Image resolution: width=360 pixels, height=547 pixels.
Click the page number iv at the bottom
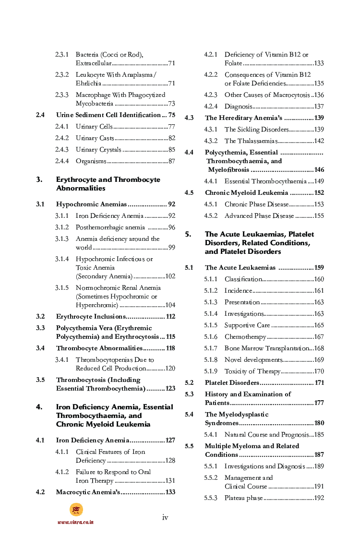(x=165, y=517)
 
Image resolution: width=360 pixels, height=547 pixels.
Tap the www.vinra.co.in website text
(x=75, y=522)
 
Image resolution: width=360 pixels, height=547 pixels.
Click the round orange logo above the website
(x=76, y=510)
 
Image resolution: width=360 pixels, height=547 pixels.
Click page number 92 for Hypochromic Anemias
(x=171, y=204)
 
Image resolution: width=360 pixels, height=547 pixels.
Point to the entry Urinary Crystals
(x=98, y=150)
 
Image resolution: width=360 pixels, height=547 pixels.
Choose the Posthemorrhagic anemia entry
(x=110, y=227)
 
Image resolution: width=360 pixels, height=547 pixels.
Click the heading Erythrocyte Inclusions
(x=91, y=317)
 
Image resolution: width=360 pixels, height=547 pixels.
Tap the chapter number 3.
(x=39, y=180)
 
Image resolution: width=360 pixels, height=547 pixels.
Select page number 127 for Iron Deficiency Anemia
(x=170, y=440)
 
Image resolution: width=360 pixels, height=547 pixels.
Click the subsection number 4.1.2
(x=62, y=472)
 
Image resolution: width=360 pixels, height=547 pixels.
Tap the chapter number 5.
(x=188, y=235)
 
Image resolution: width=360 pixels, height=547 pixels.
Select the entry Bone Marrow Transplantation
(x=267, y=348)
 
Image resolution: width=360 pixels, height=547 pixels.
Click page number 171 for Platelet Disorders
(x=319, y=383)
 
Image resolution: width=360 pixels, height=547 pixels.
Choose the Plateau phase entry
(x=243, y=498)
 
